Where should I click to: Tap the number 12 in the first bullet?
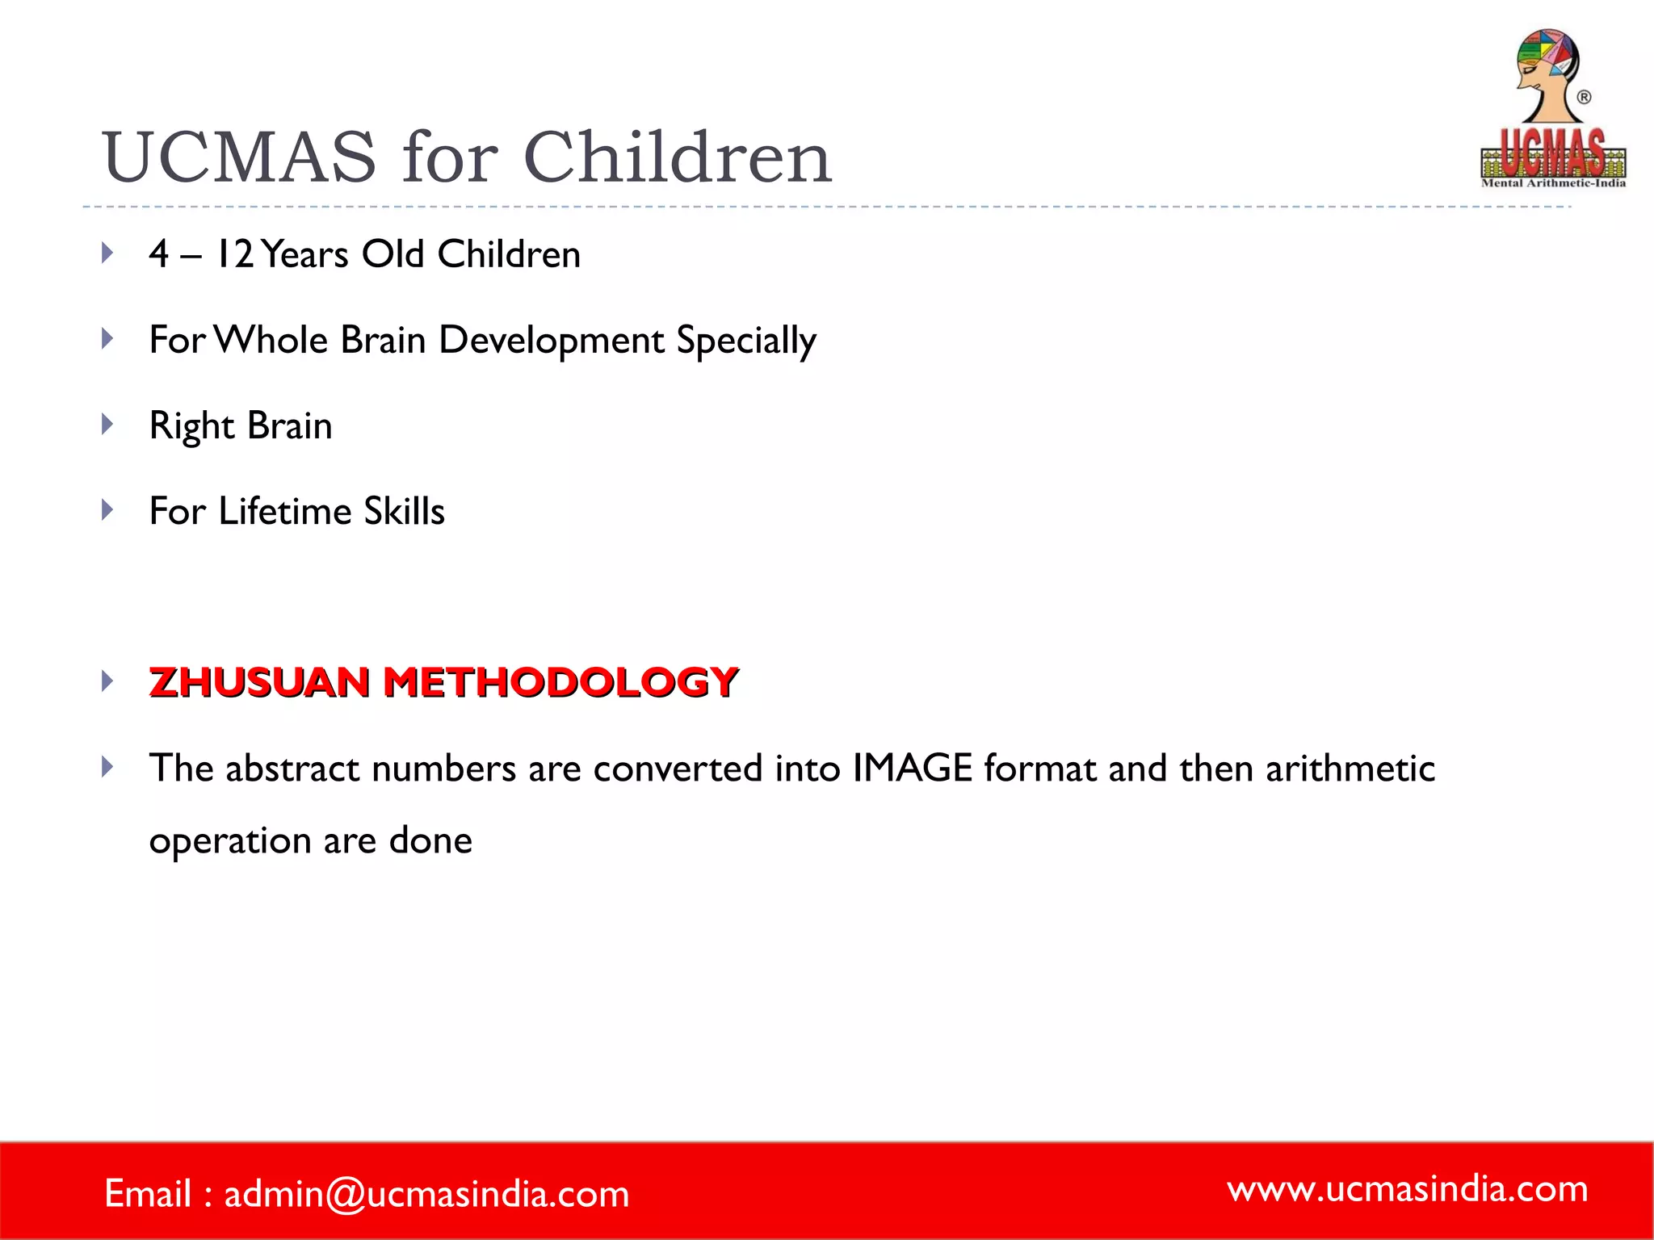pos(235,254)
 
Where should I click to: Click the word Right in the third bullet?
pos(191,426)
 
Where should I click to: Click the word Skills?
pos(404,511)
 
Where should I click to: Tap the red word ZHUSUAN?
pos(259,682)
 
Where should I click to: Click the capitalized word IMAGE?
pos(912,768)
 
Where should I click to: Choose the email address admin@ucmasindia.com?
pos(426,1193)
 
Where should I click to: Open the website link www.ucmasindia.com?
pos(1408,1188)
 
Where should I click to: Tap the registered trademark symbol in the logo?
pos(1584,98)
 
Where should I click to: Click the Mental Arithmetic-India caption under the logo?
pos(1553,183)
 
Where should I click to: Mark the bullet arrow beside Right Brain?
pos(107,424)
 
